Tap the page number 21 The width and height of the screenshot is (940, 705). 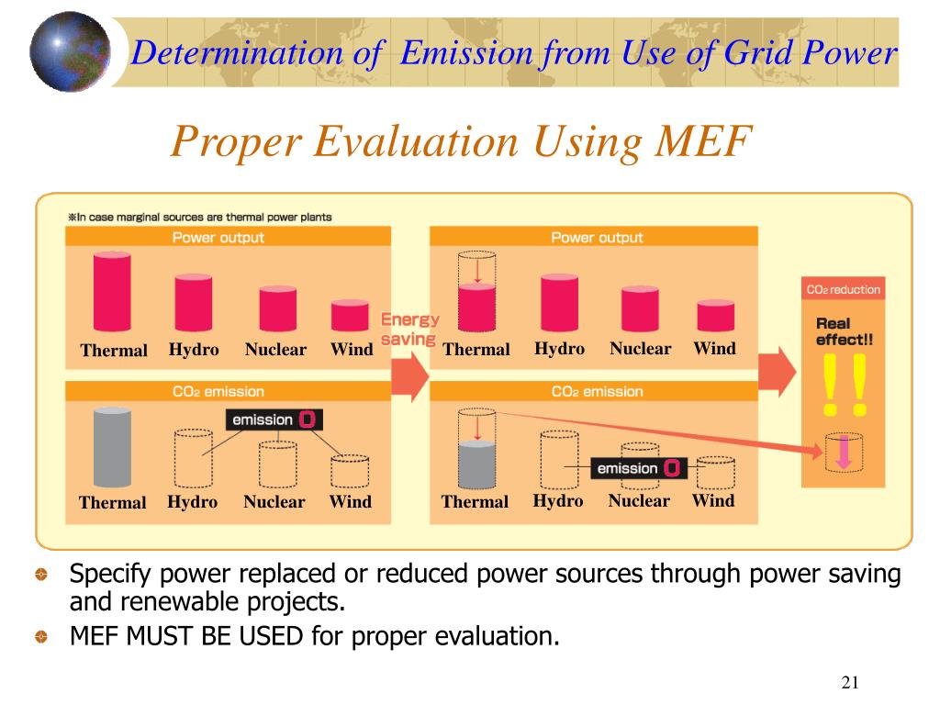(x=849, y=681)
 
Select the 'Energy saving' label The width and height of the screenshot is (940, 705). (x=409, y=330)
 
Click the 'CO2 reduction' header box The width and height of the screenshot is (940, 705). (x=843, y=290)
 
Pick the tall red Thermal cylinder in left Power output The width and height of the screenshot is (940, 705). (x=112, y=292)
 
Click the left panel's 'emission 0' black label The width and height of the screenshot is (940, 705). (x=274, y=420)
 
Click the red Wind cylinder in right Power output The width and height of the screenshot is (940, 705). (x=715, y=315)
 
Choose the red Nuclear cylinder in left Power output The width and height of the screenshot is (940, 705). (x=277, y=308)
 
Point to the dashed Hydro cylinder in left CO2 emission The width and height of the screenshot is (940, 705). (x=193, y=457)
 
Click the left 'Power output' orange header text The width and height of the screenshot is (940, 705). (x=218, y=238)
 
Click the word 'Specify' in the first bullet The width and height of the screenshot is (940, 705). (x=111, y=576)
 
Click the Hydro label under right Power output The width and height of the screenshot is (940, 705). (x=559, y=349)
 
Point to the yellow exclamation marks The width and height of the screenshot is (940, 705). (x=845, y=384)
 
